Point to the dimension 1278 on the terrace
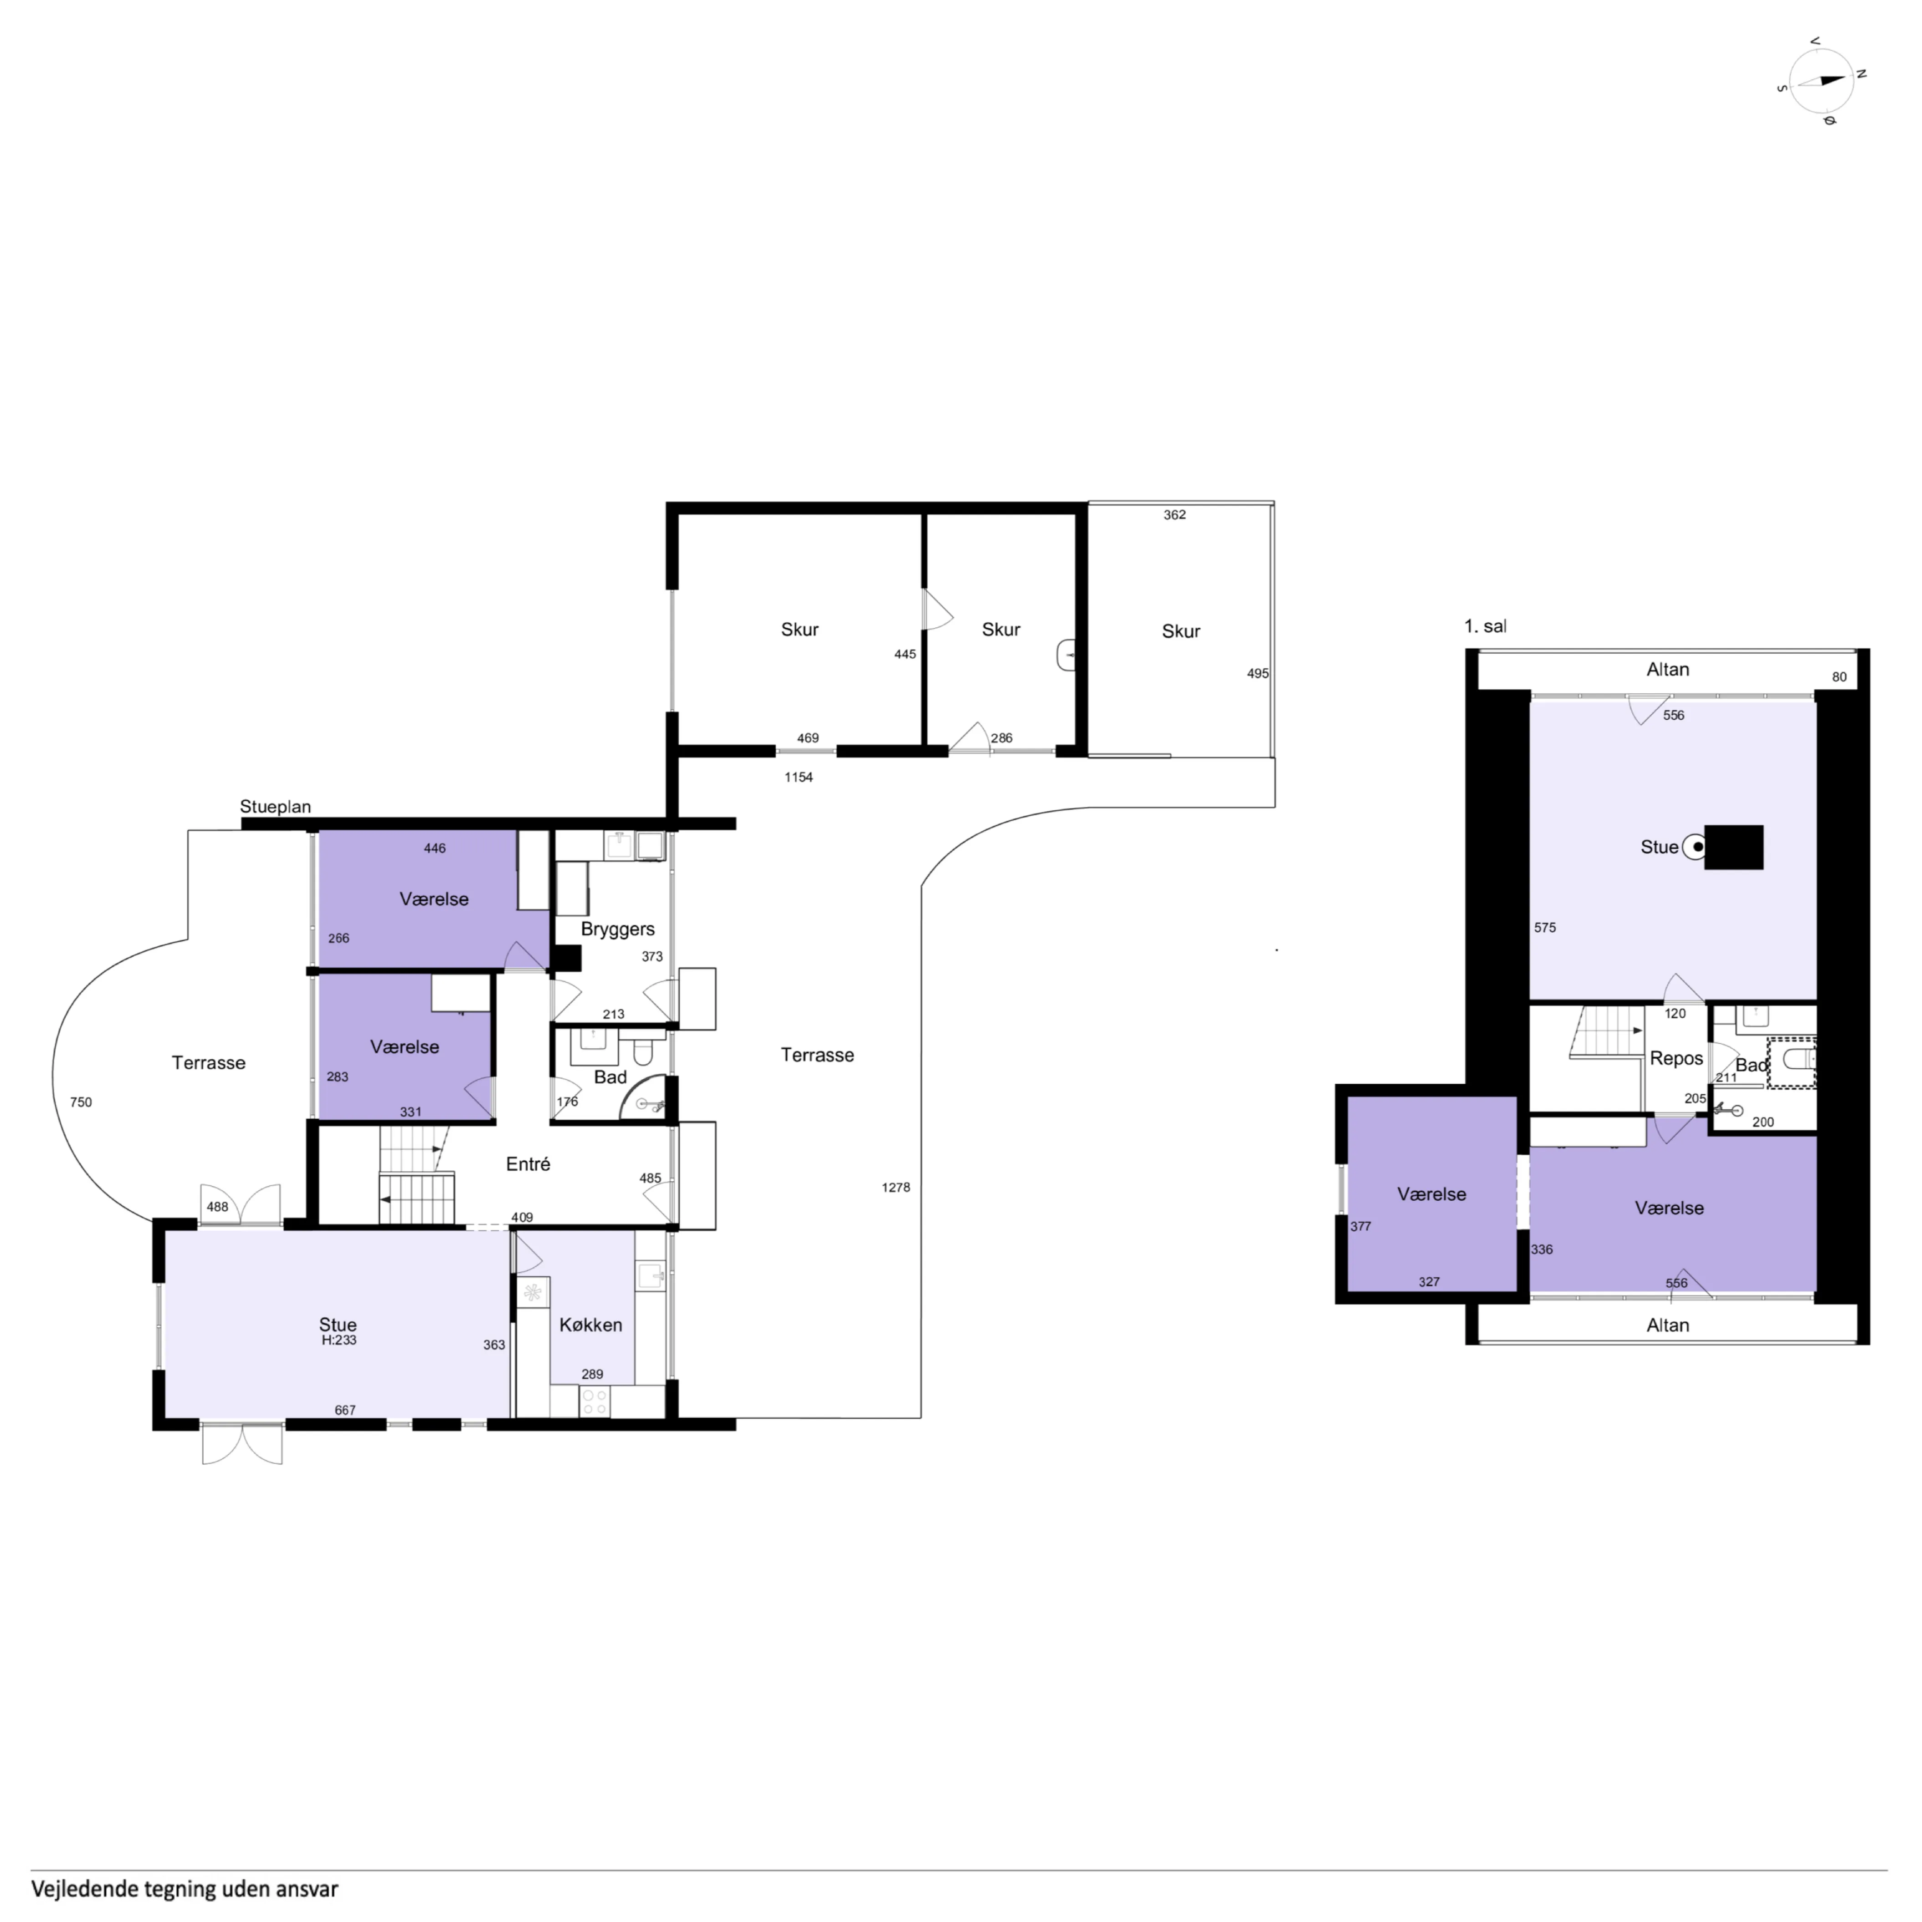pyautogui.click(x=895, y=1187)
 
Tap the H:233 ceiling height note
pyautogui.click(x=338, y=1340)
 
